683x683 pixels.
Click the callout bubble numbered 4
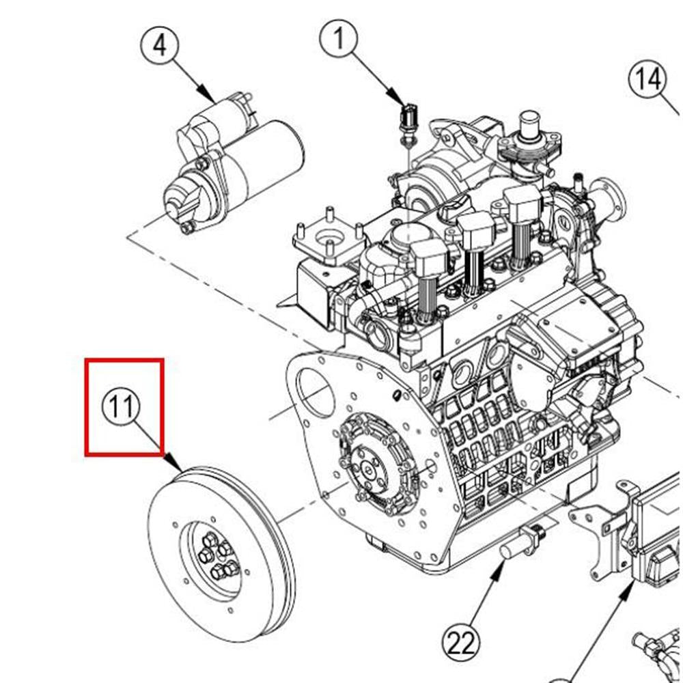tap(159, 47)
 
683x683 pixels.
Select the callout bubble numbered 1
tap(339, 40)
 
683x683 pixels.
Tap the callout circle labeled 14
tap(646, 80)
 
